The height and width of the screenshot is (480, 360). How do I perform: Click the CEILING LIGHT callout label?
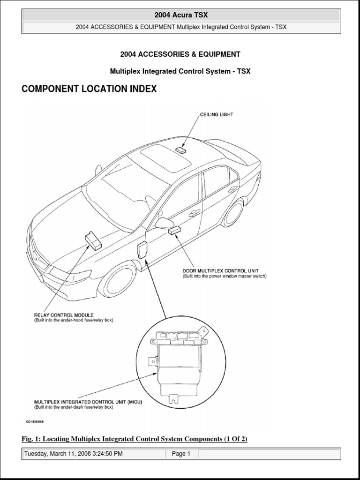[217, 114]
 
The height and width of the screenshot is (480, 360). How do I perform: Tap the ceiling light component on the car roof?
[181, 150]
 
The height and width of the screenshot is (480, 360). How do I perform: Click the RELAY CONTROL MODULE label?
[63, 315]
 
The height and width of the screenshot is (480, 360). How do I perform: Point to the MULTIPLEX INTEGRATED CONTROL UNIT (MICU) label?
[88, 402]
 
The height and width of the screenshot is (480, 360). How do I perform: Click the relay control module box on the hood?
[94, 240]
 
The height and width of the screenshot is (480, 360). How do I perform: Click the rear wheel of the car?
[232, 212]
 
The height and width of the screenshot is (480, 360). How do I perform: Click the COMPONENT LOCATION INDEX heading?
[89, 89]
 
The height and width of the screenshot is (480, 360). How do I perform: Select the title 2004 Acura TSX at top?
[181, 15]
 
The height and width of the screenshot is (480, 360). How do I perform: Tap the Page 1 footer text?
[181, 454]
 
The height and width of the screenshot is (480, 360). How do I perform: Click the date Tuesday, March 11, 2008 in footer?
[73, 454]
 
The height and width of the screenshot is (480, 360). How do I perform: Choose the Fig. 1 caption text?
[134, 439]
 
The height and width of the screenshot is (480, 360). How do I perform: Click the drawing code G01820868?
[45, 421]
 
